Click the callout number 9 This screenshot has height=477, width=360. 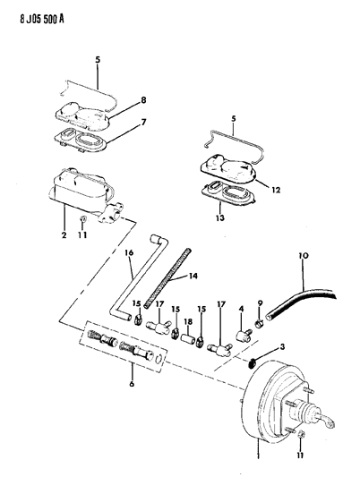[x=260, y=302]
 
